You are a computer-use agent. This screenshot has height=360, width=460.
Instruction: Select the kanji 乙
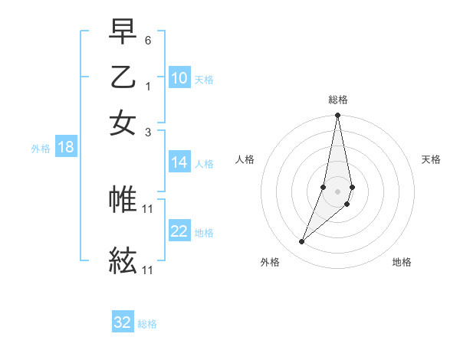click(x=123, y=77)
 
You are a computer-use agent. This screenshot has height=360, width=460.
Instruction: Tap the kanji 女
click(x=123, y=123)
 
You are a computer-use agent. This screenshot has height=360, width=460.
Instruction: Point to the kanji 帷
click(x=123, y=199)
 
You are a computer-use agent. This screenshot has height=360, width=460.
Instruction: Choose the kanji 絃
click(x=123, y=261)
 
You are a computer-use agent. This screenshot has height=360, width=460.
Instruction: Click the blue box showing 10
click(x=179, y=78)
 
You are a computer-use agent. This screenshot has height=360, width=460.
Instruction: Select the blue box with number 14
click(x=179, y=162)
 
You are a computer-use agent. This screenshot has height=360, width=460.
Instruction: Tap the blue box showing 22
click(x=179, y=231)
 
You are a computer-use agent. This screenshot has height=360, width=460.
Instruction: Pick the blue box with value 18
click(x=66, y=147)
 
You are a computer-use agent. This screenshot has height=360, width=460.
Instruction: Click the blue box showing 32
click(x=123, y=322)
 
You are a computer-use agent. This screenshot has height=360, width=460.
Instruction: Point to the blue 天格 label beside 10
click(x=204, y=79)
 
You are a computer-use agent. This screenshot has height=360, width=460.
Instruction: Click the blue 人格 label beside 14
click(x=204, y=163)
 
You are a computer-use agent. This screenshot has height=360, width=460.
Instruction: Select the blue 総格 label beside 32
click(x=147, y=324)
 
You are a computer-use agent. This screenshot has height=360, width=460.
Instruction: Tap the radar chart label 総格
click(x=338, y=100)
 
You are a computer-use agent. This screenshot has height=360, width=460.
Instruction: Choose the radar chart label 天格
click(x=432, y=159)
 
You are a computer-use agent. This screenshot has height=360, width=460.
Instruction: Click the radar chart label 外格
click(x=270, y=262)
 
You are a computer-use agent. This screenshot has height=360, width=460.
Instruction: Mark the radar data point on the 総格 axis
click(x=337, y=116)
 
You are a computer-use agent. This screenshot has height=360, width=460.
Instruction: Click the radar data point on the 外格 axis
click(x=302, y=242)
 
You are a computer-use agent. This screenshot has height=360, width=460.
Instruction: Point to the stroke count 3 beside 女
click(x=148, y=131)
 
